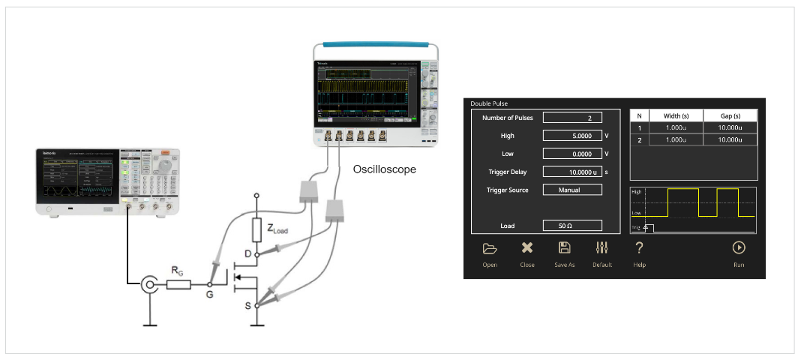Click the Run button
tap(739, 248)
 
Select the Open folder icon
tap(490, 248)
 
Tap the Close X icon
tap(527, 248)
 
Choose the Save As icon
tap(565, 248)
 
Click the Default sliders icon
tap(601, 248)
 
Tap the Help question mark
tap(639, 248)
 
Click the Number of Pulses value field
tap(572, 118)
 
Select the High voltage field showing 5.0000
tap(572, 136)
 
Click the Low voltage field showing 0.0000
tap(572, 154)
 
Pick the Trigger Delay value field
tap(572, 172)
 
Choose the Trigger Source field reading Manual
tap(572, 190)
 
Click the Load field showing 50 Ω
tap(572, 226)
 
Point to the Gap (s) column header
tap(725, 115)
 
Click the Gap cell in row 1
tap(725, 127)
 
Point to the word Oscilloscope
tap(384, 169)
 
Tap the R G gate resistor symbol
tap(178, 285)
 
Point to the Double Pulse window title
tap(489, 103)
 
